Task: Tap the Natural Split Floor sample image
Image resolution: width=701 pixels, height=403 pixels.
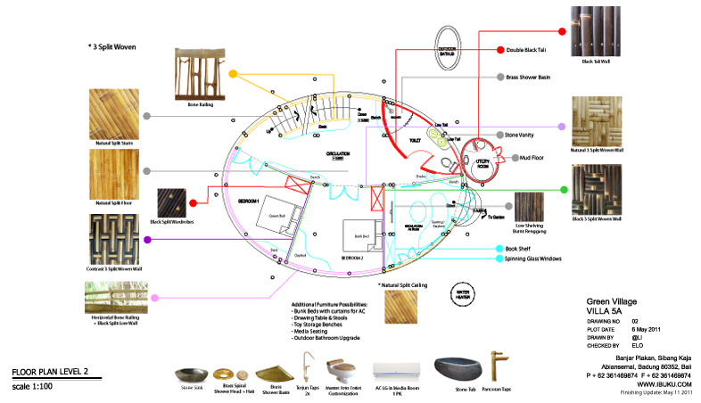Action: click(114, 172)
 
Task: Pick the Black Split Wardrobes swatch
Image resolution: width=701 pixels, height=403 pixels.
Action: click(172, 204)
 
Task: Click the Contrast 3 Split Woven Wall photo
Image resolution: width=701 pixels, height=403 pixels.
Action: click(114, 236)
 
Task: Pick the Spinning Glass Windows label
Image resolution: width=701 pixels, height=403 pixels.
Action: click(533, 259)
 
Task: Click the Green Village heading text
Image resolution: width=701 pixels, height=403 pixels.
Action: click(614, 300)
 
